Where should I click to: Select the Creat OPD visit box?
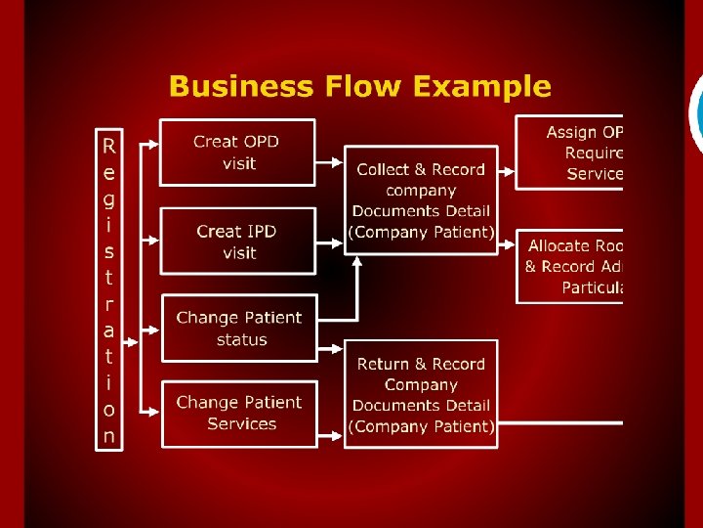(x=237, y=153)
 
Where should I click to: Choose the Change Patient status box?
(x=239, y=329)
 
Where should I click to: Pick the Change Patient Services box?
(x=239, y=413)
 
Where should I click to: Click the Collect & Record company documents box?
(x=421, y=200)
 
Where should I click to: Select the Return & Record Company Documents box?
(x=421, y=394)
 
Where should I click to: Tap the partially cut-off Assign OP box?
(x=570, y=153)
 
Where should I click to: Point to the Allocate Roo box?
(x=570, y=265)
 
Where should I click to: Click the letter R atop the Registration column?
(x=108, y=147)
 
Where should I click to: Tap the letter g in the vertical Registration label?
(x=108, y=198)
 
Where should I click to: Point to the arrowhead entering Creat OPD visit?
(x=154, y=145)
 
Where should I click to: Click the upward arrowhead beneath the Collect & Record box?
(x=358, y=261)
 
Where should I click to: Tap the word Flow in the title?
(x=360, y=86)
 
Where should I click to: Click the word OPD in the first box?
(x=261, y=142)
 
